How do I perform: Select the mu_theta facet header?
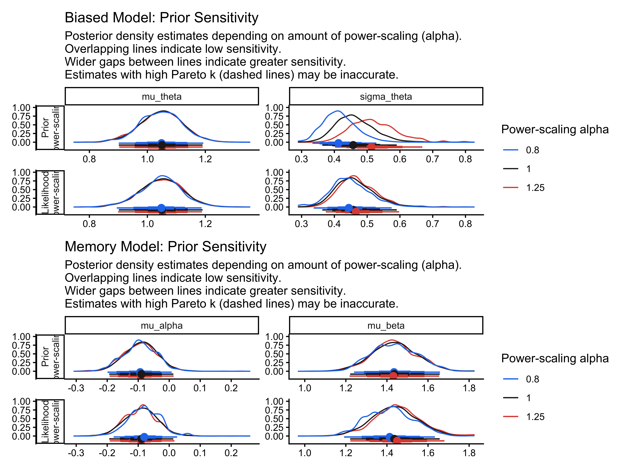coord(162,97)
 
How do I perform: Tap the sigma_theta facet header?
coord(386,97)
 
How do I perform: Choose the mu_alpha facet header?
coord(162,325)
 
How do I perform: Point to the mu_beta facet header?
coord(386,325)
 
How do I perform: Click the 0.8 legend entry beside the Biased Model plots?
coord(532,150)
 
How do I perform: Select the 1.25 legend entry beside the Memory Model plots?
coord(535,417)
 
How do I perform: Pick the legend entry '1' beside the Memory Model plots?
coord(528,398)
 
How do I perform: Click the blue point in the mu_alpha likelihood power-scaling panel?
coord(144,437)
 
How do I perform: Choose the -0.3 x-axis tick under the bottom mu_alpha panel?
coord(76,453)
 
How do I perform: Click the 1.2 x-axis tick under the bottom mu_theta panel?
coord(205,224)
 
